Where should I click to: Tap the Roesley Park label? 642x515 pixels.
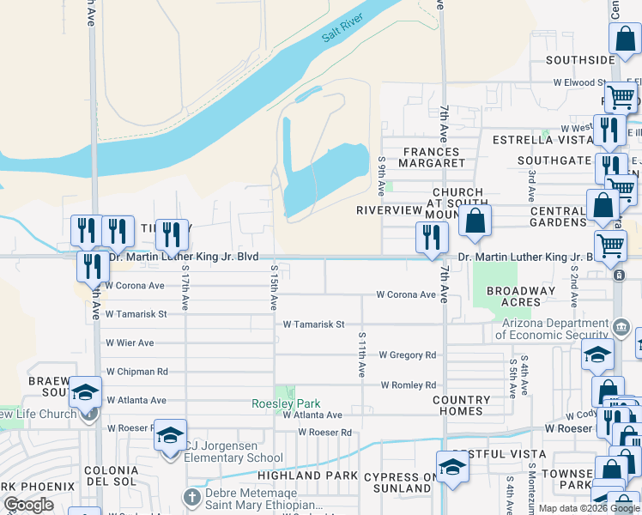point(286,403)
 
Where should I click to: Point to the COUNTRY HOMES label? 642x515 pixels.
point(461,405)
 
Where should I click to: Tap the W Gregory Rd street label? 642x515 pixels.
point(408,354)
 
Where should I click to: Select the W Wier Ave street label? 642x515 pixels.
point(130,342)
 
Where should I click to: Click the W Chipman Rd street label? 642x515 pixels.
point(137,372)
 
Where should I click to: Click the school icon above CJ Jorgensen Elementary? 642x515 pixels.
point(170,435)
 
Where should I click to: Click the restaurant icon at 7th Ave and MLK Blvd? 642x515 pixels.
point(433,236)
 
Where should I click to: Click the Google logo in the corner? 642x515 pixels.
point(29,505)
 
